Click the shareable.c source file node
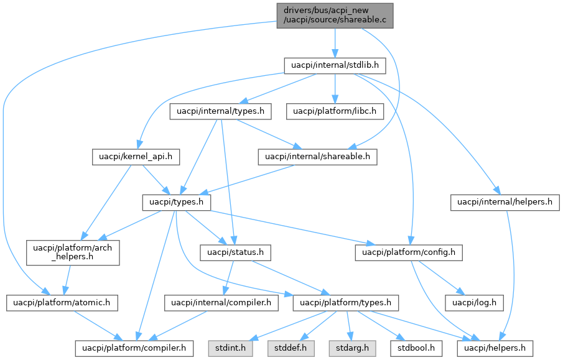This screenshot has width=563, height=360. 335,14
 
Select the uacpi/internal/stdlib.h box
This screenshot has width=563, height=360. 335,65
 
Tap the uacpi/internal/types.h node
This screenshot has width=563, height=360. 221,112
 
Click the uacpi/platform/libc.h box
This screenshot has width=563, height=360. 335,112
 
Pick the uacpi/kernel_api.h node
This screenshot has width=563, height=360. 136,157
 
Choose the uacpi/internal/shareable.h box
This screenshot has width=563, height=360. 317,157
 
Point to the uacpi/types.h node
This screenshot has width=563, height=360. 177,203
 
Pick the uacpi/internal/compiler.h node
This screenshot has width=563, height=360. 221,303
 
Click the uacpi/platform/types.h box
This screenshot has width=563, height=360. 346,303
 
